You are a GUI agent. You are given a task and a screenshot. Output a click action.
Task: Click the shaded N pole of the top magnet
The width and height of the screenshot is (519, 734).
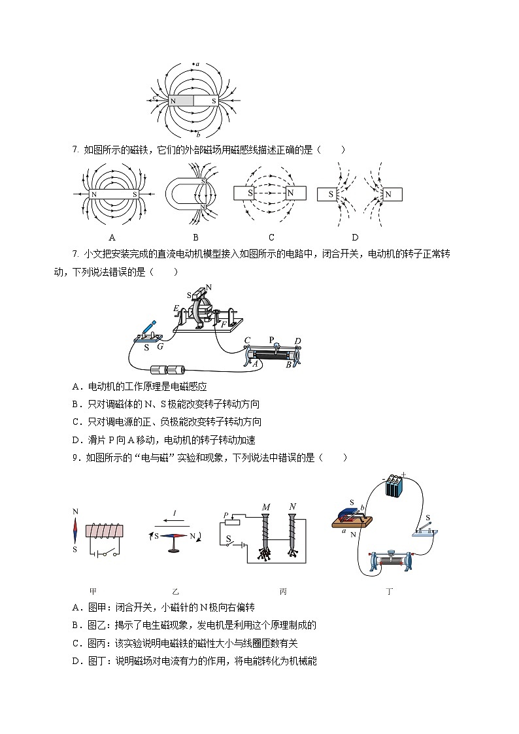[181, 101]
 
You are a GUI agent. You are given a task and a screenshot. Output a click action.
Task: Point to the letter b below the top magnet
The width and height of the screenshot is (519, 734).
[198, 135]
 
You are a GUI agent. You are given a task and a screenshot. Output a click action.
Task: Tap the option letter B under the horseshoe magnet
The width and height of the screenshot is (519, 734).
[195, 237]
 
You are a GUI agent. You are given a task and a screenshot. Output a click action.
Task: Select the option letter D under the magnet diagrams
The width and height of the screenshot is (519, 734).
[355, 237]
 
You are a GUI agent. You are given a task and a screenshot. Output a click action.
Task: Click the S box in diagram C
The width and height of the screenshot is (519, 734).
[243, 193]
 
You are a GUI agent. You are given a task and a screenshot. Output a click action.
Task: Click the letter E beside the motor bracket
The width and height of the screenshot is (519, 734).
[175, 308]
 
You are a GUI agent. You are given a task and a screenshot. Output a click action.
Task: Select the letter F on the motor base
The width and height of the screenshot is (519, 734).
[224, 324]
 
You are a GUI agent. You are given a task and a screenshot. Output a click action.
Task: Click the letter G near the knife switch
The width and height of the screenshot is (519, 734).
[159, 346]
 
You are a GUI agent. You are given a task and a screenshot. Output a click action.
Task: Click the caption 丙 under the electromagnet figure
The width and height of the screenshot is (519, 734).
[283, 592]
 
